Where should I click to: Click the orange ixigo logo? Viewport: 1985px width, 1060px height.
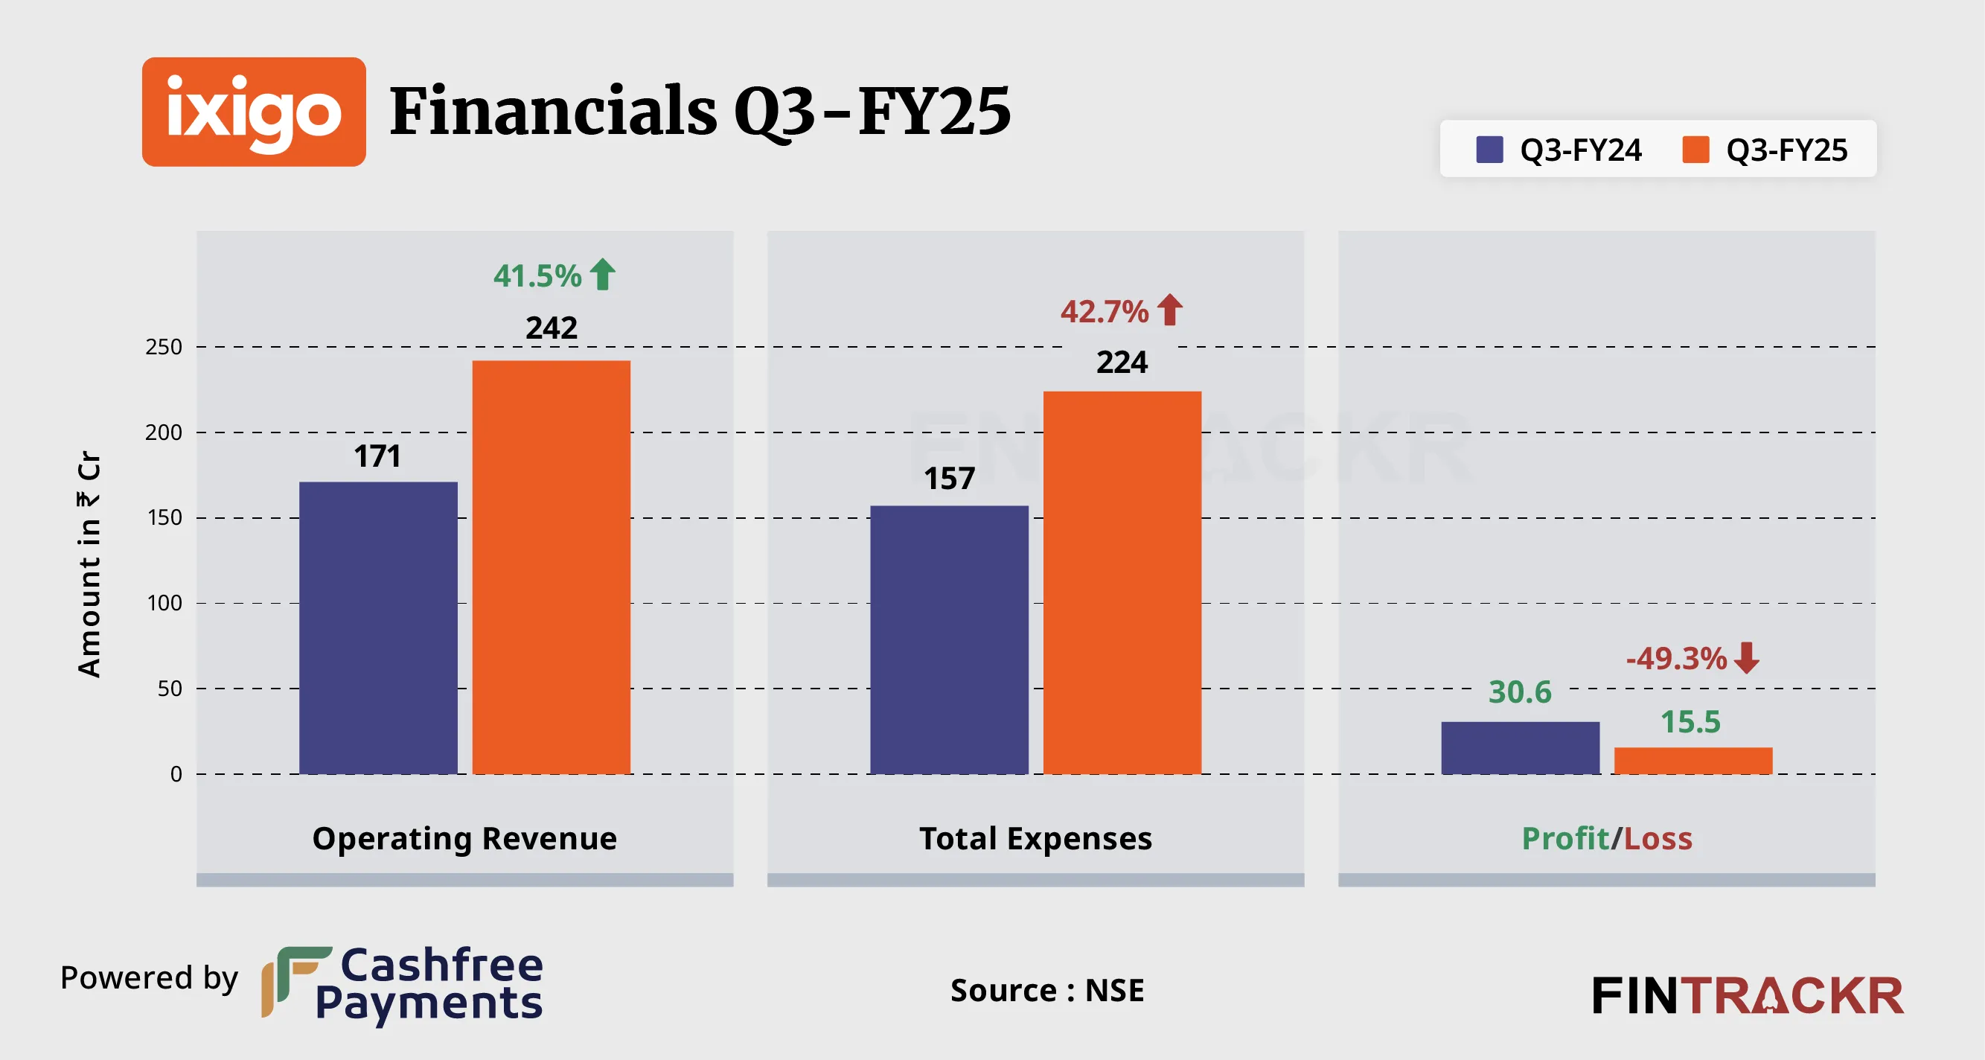pos(254,112)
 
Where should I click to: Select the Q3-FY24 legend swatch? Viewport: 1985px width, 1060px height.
pos(1489,150)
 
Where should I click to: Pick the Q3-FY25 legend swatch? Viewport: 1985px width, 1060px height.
pos(1695,150)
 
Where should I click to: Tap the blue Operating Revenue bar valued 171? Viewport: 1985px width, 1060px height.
pos(377,628)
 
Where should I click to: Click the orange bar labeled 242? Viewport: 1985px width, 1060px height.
pos(551,566)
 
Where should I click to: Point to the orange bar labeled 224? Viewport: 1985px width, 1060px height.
pos(1122,582)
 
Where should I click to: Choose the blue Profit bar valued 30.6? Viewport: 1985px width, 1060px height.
pos(1520,747)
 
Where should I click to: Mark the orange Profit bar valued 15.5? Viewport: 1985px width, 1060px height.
pos(1693,760)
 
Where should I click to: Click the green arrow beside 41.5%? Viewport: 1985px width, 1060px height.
pos(603,275)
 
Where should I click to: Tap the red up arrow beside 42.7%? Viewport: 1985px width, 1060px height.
pos(1170,310)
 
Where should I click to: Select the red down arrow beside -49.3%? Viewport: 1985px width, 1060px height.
pos(1746,657)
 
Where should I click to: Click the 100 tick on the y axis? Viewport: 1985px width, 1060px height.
pos(164,603)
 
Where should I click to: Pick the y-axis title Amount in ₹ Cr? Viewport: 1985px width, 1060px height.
pos(89,563)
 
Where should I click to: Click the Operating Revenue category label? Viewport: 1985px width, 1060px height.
pos(464,838)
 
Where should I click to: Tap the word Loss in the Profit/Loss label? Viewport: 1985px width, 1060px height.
pos(1658,838)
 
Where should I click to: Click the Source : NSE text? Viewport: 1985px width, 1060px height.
pos(1046,990)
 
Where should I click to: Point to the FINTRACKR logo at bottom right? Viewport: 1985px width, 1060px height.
pos(1747,995)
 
